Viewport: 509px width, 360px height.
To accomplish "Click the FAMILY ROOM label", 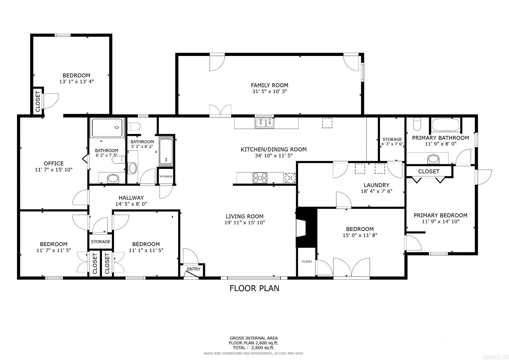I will tap(269, 85).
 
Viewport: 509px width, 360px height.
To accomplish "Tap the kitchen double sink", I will tap(265, 123).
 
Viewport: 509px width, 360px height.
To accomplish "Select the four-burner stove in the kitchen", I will tap(260, 178).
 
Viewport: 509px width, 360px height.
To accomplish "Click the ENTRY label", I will tap(194, 269).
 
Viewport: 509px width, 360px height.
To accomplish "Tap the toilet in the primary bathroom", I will tap(417, 124).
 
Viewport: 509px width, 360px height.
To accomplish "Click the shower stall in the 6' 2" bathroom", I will tap(107, 128).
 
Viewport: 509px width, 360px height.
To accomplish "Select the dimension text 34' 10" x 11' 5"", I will tap(274, 156).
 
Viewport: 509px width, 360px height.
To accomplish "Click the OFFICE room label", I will tap(54, 164).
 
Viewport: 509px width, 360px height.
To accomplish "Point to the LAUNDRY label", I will tap(376, 185).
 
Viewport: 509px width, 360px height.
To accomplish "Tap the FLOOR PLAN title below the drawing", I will tap(254, 288).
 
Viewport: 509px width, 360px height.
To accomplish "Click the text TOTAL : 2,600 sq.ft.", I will tap(253, 348).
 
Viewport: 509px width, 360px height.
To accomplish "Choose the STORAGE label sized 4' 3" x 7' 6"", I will tap(392, 139).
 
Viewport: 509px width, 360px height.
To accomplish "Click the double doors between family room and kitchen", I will tap(220, 111).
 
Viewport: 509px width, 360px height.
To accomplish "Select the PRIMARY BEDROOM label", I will tap(440, 215).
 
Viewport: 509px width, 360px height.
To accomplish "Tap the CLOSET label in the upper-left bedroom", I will tap(38, 102).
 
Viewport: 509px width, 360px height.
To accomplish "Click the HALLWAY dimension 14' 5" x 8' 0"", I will tap(131, 204).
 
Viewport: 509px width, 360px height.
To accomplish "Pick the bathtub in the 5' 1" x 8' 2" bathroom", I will tap(166, 151).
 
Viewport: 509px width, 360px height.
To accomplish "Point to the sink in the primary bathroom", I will tap(433, 159).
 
